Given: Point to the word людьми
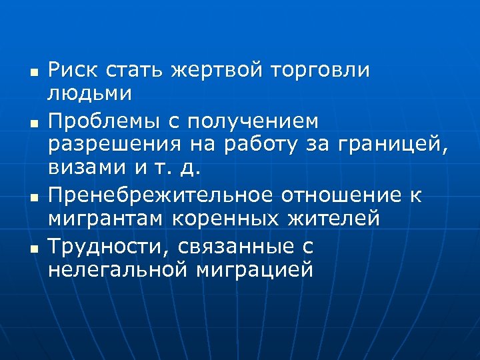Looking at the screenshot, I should coord(89,93).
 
